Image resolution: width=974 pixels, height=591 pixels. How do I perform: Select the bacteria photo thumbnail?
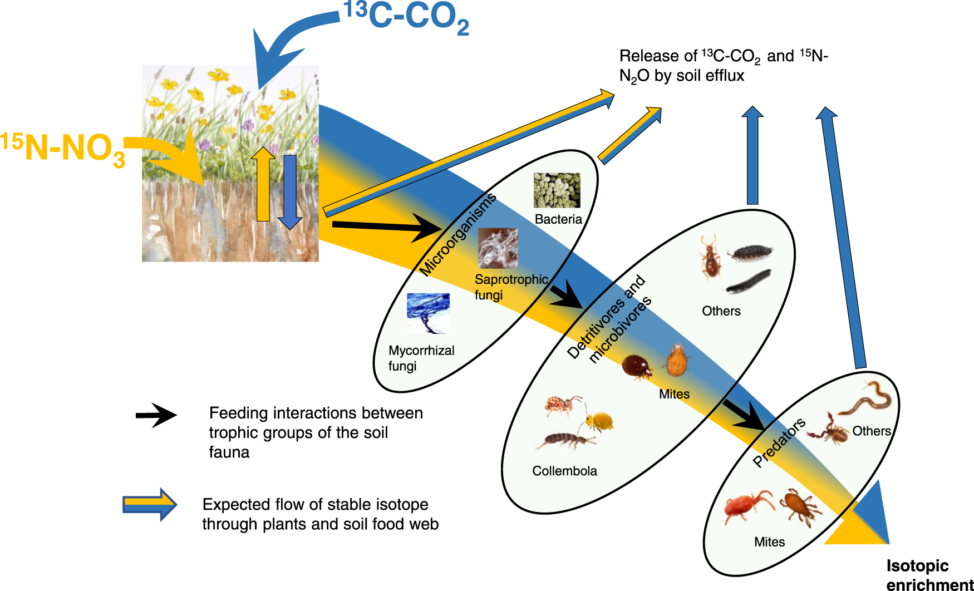pyautogui.click(x=557, y=190)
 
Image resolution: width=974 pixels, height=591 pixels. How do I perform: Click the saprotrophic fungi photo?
pyautogui.click(x=498, y=248)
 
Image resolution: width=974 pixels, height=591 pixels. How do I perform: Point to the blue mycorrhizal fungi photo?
pyautogui.click(x=428, y=313)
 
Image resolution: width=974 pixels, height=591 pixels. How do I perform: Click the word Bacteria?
pyautogui.click(x=558, y=219)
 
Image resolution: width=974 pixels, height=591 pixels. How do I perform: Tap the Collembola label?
pyautogui.click(x=564, y=471)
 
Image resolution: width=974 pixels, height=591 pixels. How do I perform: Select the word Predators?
pyautogui.click(x=779, y=442)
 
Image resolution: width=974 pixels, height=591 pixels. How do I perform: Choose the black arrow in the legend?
pyautogui.click(x=156, y=415)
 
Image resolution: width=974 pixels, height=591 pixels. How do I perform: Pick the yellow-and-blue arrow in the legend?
pyautogui.click(x=150, y=505)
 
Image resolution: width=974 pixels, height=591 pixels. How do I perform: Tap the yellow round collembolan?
pyautogui.click(x=599, y=421)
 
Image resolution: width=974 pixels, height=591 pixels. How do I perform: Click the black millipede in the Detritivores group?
pyautogui.click(x=749, y=281)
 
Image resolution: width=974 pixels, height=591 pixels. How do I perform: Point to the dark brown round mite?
pyautogui.click(x=637, y=366)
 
